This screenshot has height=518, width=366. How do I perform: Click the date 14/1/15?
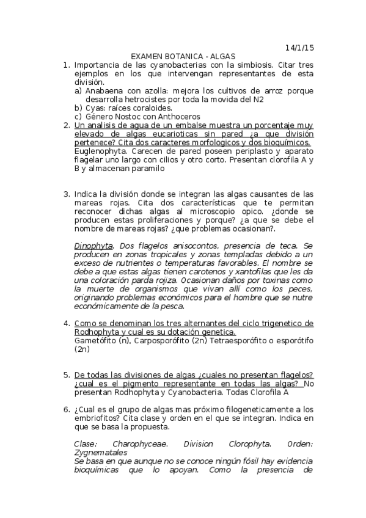point(299,47)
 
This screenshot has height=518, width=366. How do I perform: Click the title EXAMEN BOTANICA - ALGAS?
point(183,56)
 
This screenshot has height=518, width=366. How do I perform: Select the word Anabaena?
point(104,90)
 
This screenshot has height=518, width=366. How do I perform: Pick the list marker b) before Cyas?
point(78,108)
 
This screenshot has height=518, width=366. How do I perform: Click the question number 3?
point(67,194)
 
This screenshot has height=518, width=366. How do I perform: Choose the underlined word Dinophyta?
point(92,246)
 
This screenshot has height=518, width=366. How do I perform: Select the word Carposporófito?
point(169,340)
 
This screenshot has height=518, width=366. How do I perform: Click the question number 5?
point(67,374)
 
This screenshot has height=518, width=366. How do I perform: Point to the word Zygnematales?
point(101,453)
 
